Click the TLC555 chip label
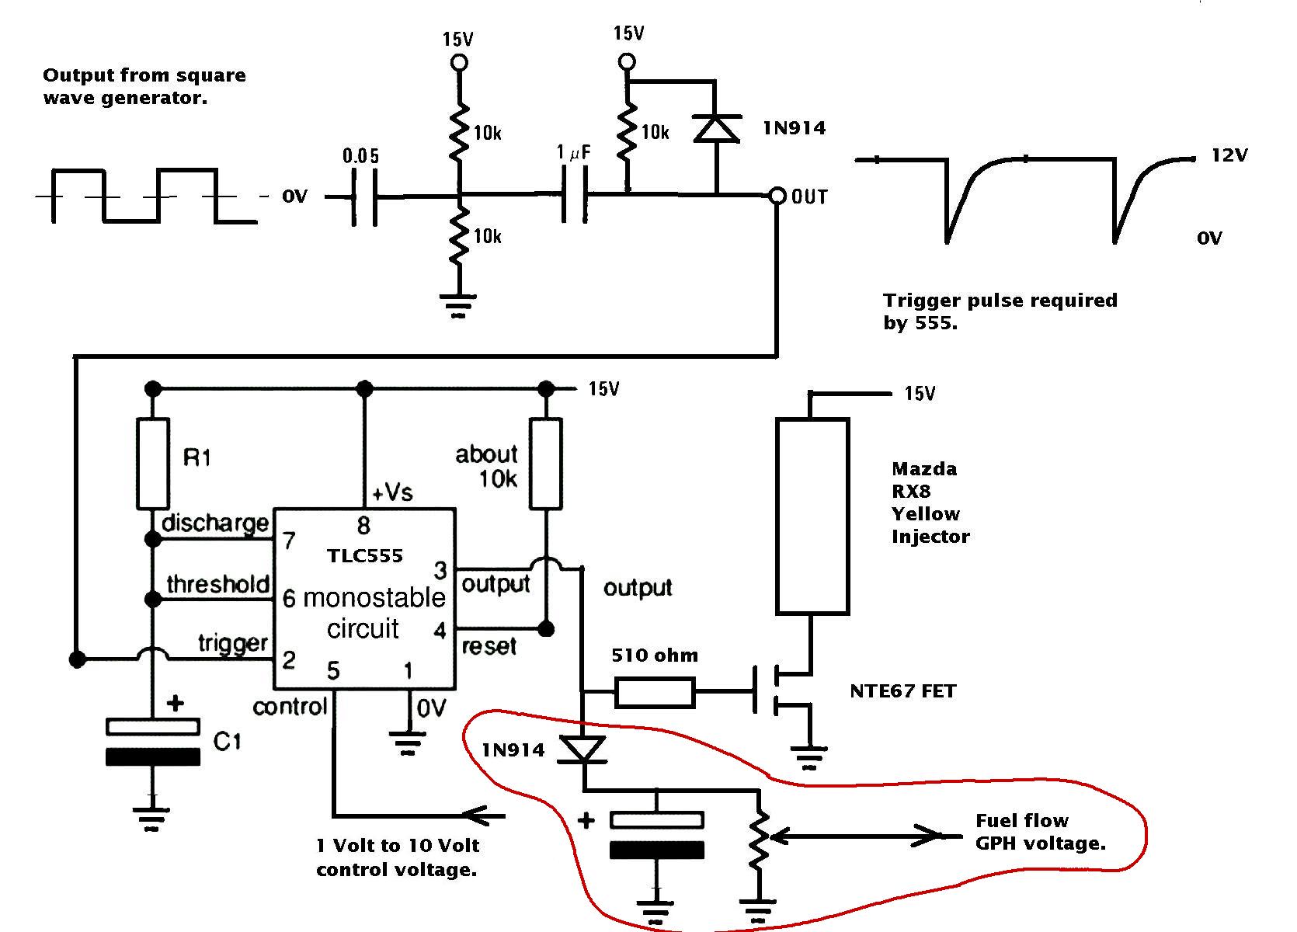[365, 556]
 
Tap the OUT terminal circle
[777, 196]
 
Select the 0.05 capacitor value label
[360, 155]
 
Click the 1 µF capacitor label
[573, 152]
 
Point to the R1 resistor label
[196, 458]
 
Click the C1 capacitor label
[227, 741]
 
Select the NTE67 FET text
[902, 691]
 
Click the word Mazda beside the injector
[924, 469]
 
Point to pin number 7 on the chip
[289, 541]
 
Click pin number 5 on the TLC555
[333, 670]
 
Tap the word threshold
[218, 584]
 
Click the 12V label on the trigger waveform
[1229, 155]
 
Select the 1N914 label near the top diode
[795, 128]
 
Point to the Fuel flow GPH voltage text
[1041, 832]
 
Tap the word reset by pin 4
[489, 647]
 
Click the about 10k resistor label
[486, 467]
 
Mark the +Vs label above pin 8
[392, 492]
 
